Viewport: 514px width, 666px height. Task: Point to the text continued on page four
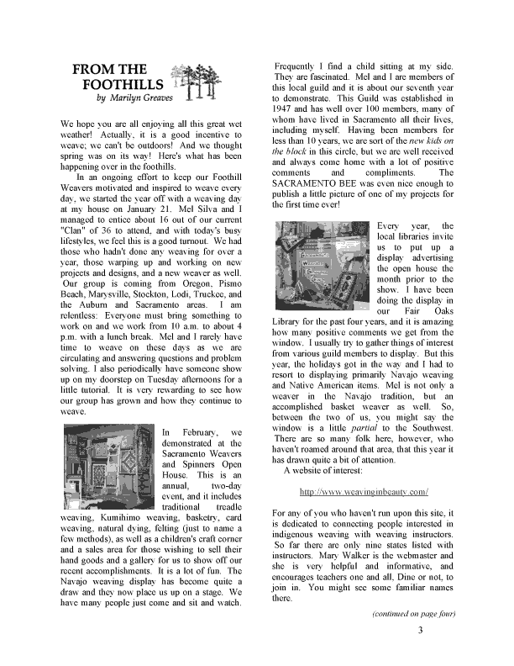(413, 614)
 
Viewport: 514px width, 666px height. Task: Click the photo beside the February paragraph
(108, 467)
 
